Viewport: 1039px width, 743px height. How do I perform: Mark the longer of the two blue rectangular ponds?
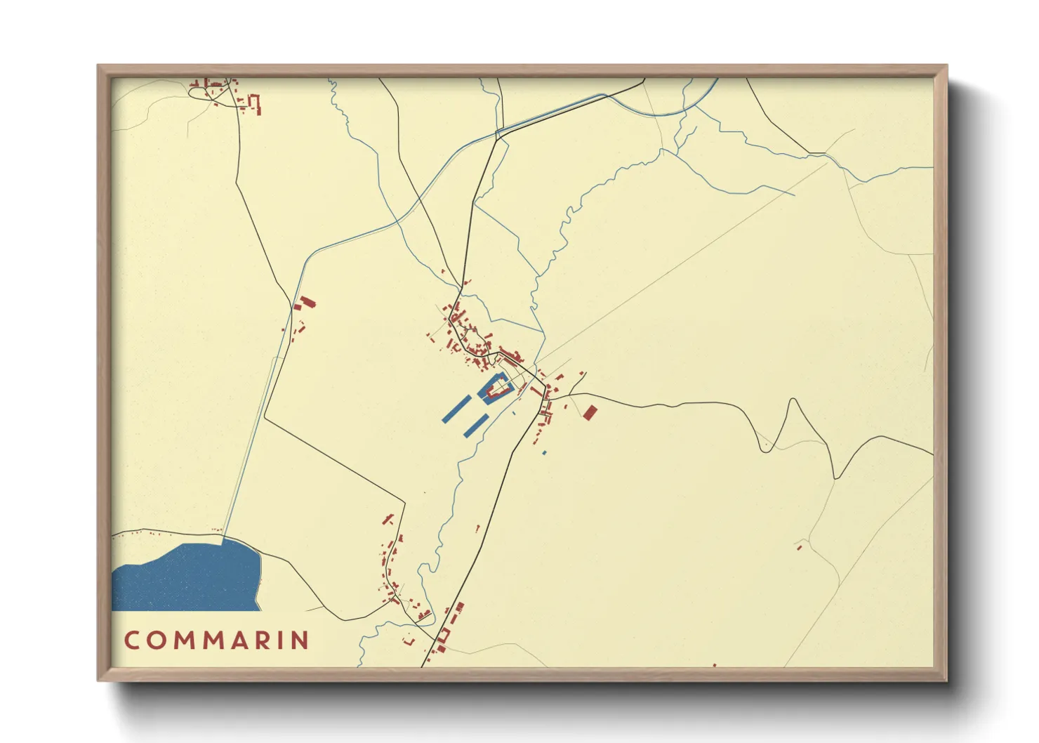[x=456, y=408]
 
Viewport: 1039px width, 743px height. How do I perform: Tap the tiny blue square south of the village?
[x=544, y=453]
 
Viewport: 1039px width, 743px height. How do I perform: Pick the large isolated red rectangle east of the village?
[x=590, y=412]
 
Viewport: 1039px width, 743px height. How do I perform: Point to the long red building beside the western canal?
[x=306, y=303]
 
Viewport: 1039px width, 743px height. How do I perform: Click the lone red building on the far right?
[x=799, y=547]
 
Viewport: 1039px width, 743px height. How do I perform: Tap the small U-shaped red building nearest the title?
[x=409, y=640]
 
